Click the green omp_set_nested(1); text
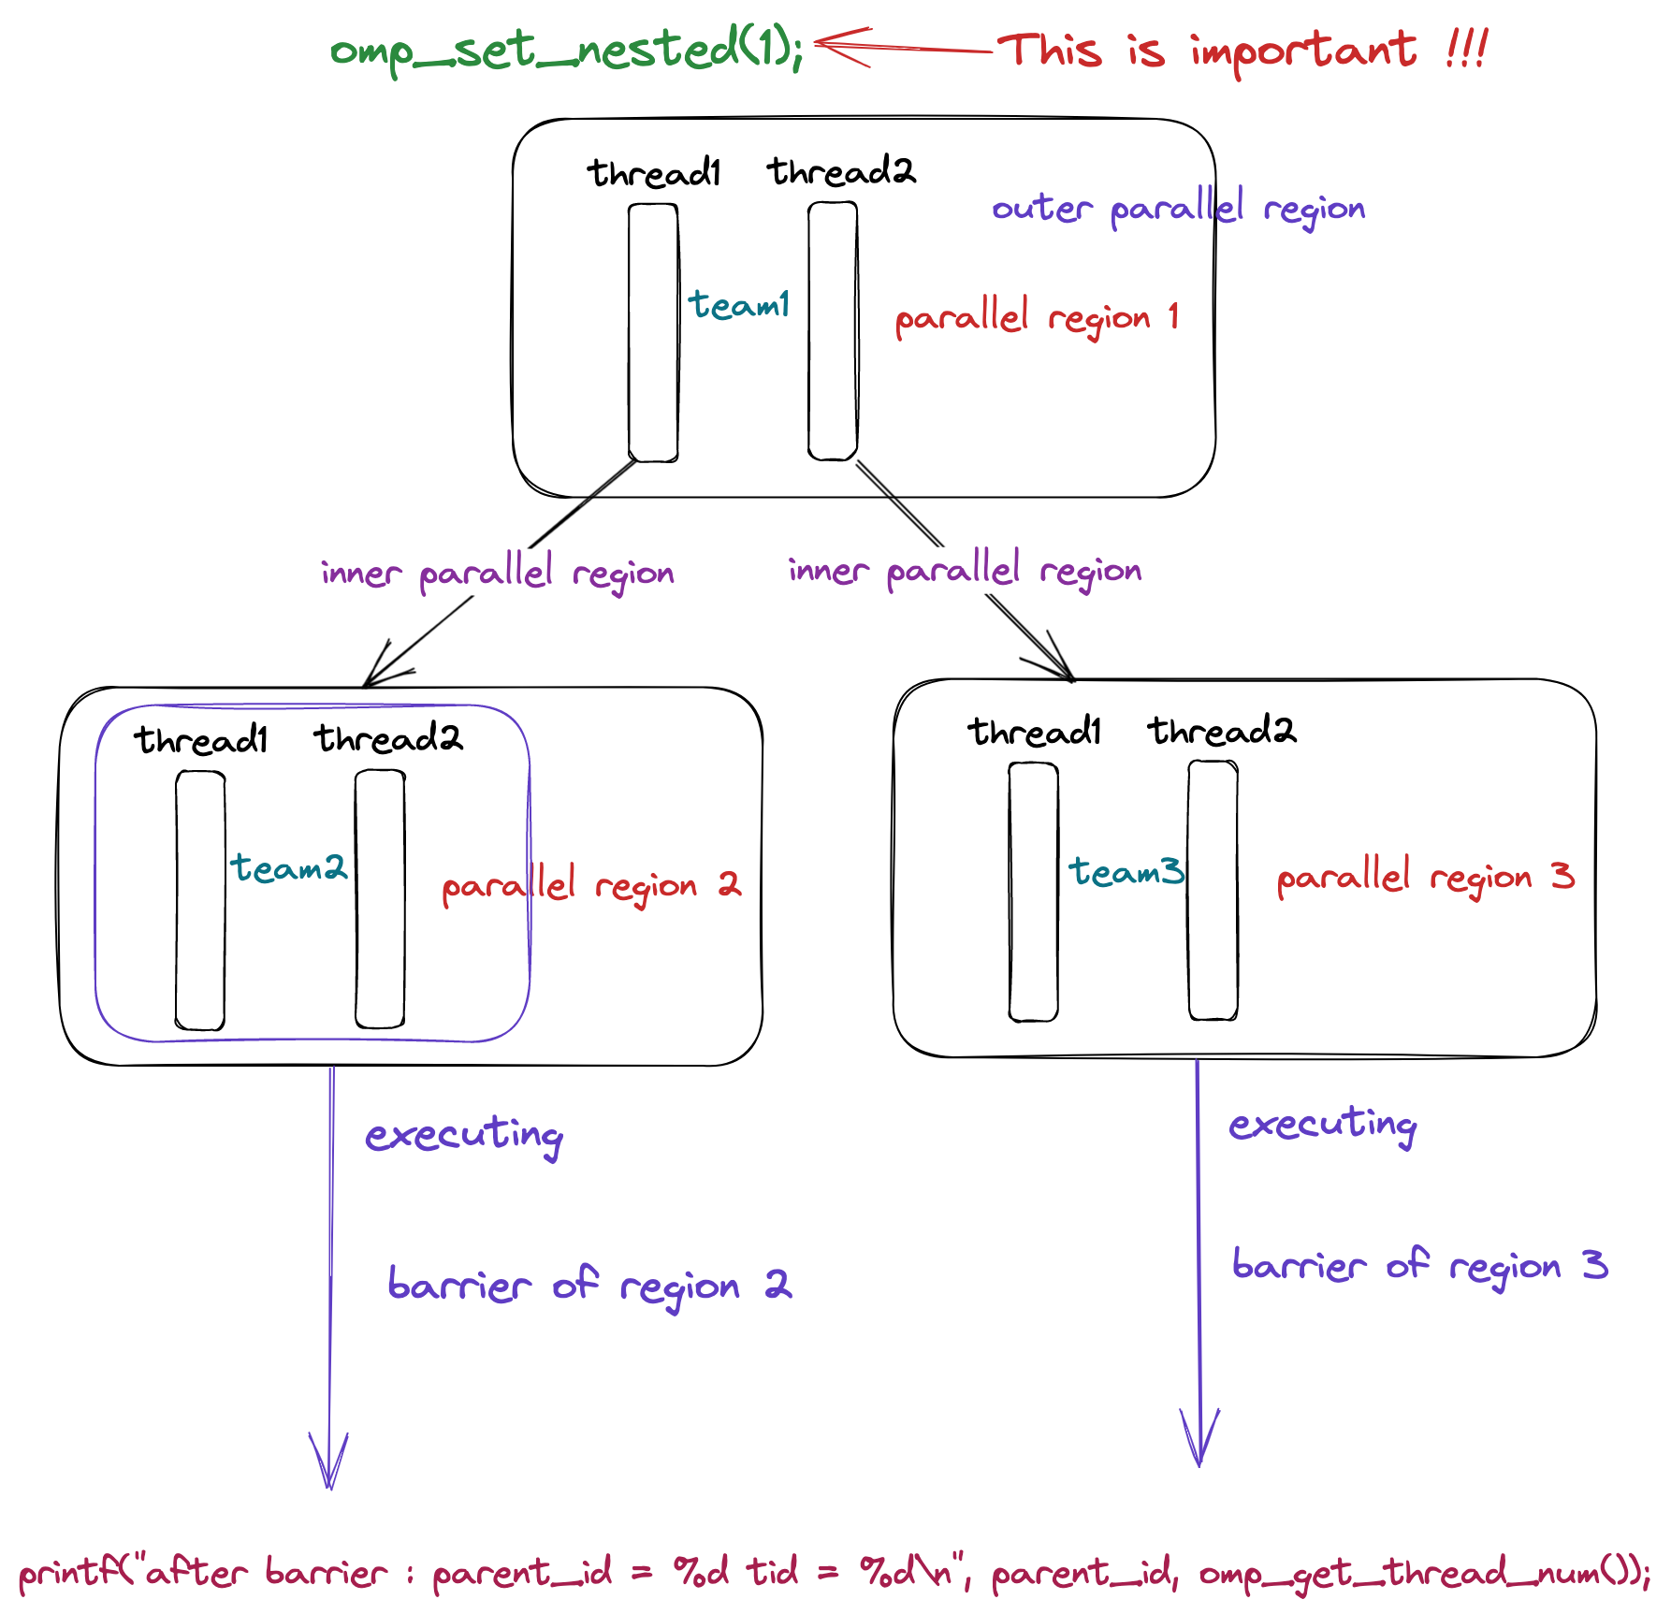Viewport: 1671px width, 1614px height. (566, 51)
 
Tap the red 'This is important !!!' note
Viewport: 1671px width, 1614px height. (1242, 51)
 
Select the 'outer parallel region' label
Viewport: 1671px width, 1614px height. (1178, 209)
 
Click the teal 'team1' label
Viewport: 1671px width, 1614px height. (739, 305)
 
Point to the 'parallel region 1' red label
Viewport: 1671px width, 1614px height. (1037, 318)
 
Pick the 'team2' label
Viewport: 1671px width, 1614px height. (289, 868)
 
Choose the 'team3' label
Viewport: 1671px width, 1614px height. (1126, 872)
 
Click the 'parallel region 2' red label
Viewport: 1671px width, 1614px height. (590, 885)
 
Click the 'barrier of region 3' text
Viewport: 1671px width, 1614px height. (1419, 1266)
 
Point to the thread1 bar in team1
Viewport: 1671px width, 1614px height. (653, 332)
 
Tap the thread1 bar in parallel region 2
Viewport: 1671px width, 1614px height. (200, 900)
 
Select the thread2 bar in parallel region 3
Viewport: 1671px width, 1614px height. (1213, 890)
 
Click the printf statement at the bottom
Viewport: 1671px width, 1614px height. (833, 1573)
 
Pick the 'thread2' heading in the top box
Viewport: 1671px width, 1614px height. (841, 172)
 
